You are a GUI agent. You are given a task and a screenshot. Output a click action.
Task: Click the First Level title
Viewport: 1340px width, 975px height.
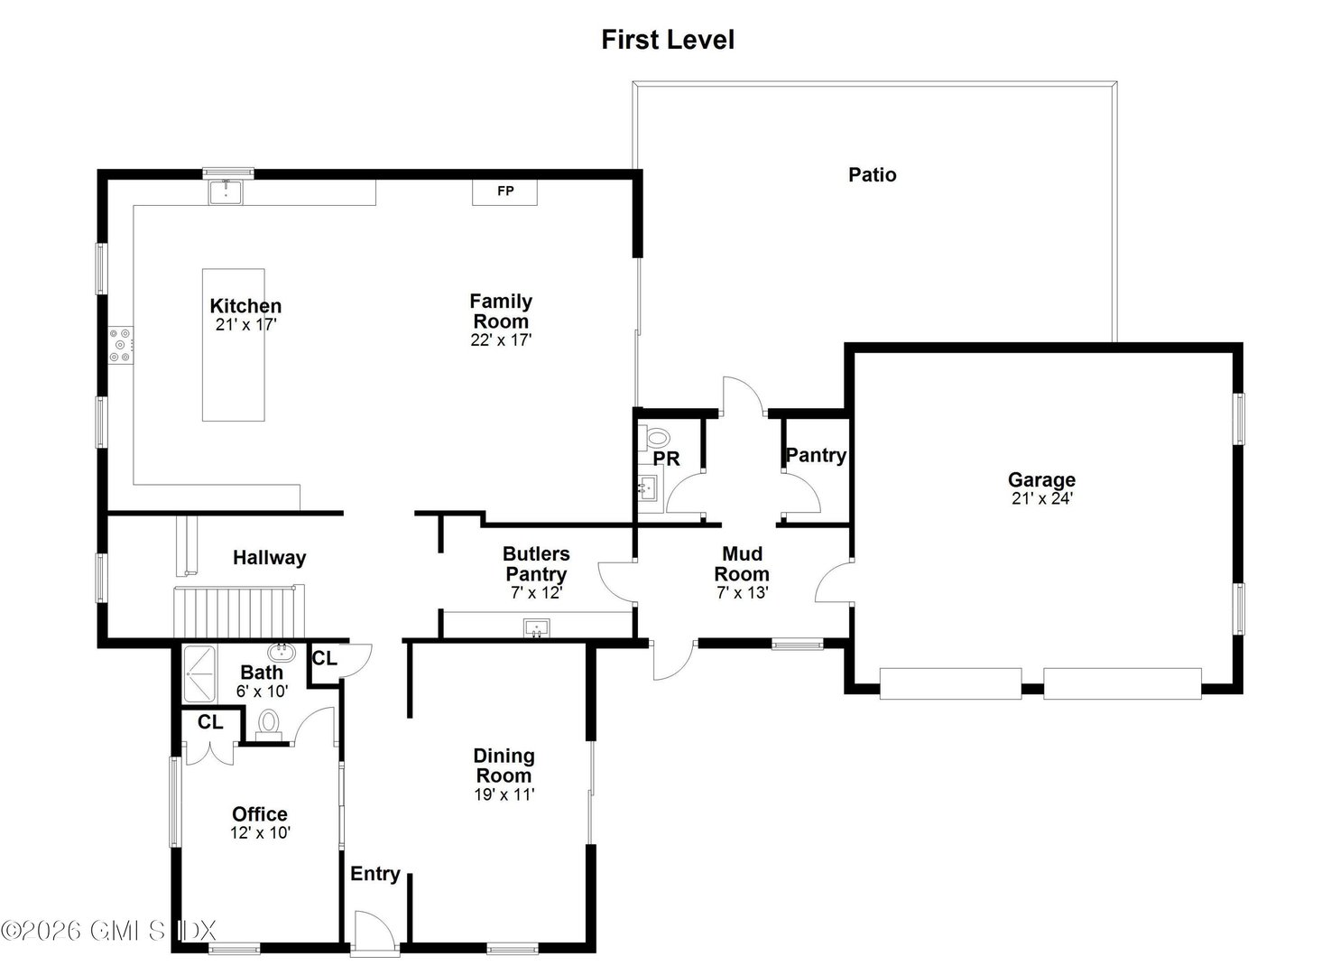coord(668,40)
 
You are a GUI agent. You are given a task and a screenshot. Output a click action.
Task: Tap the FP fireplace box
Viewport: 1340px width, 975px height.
coord(505,191)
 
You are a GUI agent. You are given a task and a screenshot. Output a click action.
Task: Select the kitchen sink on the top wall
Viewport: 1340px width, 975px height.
coord(226,191)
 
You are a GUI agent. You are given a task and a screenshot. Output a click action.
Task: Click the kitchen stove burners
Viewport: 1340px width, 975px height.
coord(120,345)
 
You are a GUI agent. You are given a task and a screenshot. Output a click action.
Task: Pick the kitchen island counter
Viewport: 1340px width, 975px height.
coord(233,345)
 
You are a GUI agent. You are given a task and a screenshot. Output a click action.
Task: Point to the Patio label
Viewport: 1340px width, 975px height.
coord(872,174)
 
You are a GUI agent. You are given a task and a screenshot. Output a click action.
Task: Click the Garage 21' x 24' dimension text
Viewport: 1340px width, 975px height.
coord(1041,498)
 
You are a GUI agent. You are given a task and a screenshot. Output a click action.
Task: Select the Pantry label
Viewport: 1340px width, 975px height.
coord(816,455)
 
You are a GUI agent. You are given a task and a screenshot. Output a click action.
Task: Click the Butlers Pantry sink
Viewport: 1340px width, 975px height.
coord(536,627)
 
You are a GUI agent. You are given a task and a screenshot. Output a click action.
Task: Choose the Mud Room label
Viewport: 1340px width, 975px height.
coord(742,563)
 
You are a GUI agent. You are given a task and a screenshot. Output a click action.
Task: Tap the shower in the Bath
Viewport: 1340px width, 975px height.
coord(199,673)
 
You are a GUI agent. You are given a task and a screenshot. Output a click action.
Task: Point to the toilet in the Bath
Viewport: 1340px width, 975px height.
coord(268,724)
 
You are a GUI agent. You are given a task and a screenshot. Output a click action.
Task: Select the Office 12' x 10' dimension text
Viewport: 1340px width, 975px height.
coord(260,833)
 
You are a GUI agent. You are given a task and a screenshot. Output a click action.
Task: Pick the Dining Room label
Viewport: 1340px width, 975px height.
coord(504,766)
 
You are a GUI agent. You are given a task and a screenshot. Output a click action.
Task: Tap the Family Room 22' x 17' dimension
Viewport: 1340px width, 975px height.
coord(501,340)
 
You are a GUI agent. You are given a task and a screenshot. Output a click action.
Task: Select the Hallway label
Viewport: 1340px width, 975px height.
coord(269,558)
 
